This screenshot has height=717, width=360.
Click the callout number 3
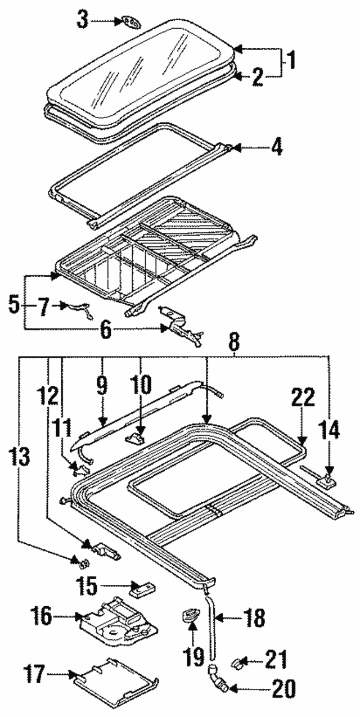pos(83,21)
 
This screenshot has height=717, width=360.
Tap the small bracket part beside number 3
pos(129,22)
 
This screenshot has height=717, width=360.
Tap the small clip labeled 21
pos(239,659)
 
